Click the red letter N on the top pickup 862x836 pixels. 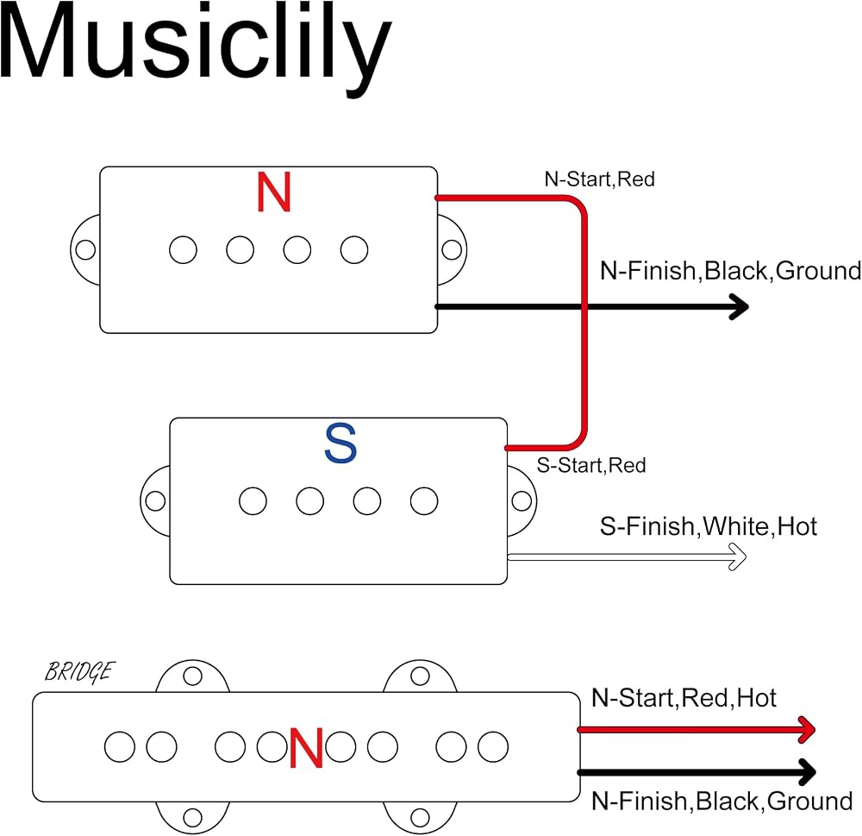[274, 192]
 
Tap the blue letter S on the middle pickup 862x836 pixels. [340, 443]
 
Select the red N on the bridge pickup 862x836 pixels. [306, 748]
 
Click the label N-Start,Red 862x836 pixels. [599, 179]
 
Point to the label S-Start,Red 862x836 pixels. [591, 466]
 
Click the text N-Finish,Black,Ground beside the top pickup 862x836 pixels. [730, 271]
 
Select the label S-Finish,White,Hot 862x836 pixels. [708, 526]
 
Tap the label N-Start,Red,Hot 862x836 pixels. [684, 698]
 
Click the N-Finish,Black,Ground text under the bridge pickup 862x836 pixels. [721, 801]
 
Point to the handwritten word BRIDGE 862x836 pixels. [79, 672]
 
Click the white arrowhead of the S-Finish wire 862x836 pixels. [738, 557]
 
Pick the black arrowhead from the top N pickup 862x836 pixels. [740, 306]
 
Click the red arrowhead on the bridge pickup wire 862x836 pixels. [806, 730]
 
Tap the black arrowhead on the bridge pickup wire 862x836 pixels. [806, 772]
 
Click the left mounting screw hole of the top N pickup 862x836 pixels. [85, 250]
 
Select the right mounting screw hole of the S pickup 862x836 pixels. [522, 501]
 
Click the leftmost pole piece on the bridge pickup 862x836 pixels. [119, 747]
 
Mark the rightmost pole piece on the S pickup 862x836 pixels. [424, 501]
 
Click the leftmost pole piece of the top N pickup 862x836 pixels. [183, 250]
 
